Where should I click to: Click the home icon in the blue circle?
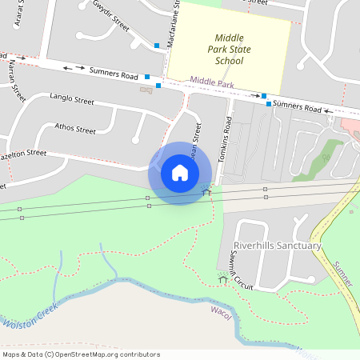[180, 173]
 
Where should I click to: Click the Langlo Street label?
[72, 102]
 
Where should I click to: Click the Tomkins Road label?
[227, 140]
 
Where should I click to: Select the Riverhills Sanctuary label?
[277, 246]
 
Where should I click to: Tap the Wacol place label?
[220, 308]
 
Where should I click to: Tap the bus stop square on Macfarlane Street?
[157, 46]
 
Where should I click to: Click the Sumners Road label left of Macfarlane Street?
[113, 74]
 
